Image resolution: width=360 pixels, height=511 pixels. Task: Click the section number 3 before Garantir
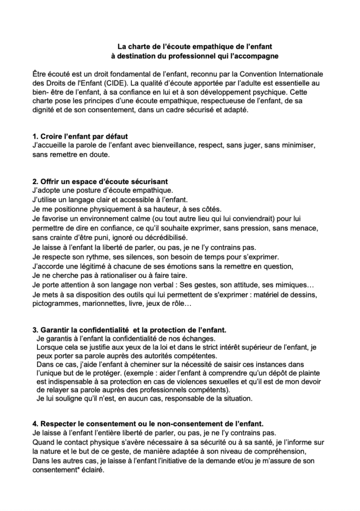[34, 330]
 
